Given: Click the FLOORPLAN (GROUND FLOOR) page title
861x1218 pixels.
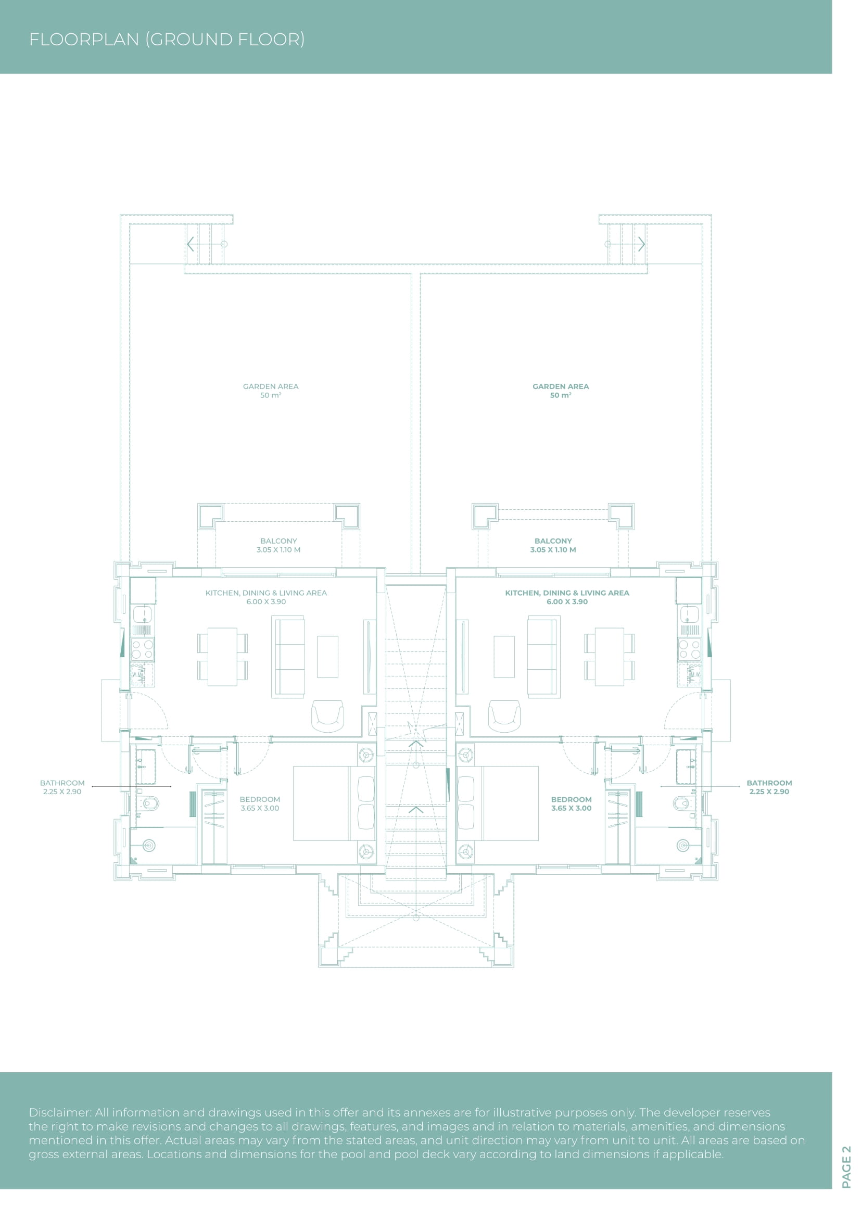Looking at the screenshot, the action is click(x=167, y=39).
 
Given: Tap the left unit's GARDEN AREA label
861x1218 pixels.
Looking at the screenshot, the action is click(x=271, y=391).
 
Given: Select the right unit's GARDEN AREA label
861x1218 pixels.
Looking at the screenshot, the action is click(x=561, y=391).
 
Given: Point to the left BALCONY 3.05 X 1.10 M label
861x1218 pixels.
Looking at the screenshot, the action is click(x=279, y=545).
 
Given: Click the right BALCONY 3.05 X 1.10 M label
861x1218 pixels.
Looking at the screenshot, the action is click(x=553, y=545).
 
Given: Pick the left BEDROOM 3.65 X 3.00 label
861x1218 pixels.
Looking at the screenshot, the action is click(x=260, y=803).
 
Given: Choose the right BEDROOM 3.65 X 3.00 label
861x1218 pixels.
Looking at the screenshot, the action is click(x=572, y=803).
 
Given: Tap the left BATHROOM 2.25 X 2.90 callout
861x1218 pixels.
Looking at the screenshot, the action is click(x=62, y=787).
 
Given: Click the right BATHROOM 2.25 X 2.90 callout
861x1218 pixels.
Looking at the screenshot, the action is click(x=769, y=787).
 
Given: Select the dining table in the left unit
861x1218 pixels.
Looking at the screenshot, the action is click(x=223, y=657).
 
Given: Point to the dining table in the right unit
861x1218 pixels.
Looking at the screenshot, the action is click(x=610, y=657).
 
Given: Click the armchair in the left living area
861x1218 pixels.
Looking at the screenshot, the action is click(x=327, y=716).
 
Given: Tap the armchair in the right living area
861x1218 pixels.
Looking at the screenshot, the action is click(x=504, y=716).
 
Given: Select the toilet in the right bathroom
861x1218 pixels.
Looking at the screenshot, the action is click(x=683, y=803).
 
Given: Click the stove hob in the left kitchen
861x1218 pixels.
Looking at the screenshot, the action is click(x=143, y=649).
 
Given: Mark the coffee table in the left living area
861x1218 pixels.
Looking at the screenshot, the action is click(x=327, y=657).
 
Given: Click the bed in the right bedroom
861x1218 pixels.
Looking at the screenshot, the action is click(x=497, y=803).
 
